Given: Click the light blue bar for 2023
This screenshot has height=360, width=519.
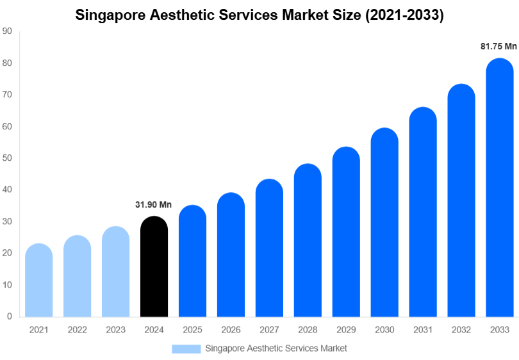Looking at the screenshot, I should (x=115, y=272).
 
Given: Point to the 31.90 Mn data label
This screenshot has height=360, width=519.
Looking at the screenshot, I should (x=154, y=205).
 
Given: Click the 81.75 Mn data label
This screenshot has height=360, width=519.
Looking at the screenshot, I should (x=498, y=47).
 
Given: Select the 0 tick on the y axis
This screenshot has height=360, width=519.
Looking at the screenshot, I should (x=9, y=316).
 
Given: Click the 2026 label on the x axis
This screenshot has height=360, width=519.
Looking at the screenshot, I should (x=231, y=329).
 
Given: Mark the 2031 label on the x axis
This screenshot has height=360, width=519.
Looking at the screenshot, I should (x=423, y=329).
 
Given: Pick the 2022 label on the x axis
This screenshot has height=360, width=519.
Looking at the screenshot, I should (x=77, y=329).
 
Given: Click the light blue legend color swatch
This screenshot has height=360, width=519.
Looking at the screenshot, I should (x=186, y=348).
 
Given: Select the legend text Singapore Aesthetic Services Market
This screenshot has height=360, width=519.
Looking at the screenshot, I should (x=276, y=348).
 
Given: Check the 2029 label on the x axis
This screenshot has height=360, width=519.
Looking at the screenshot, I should (x=346, y=329).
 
